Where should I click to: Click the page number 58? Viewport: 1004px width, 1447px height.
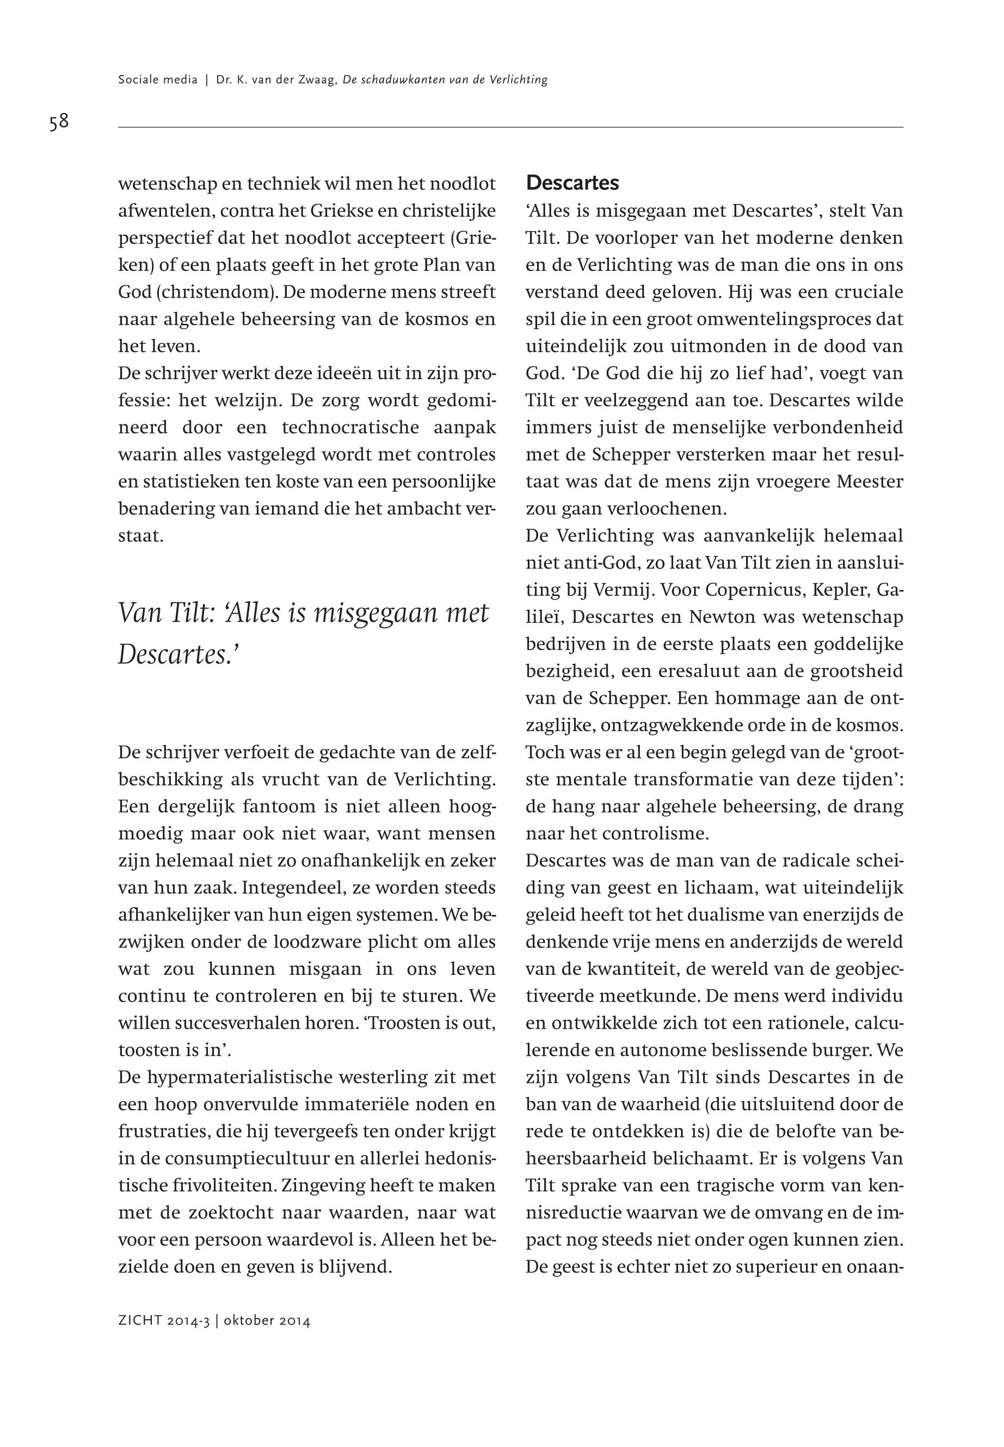point(59,121)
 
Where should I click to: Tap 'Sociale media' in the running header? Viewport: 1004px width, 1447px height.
point(158,80)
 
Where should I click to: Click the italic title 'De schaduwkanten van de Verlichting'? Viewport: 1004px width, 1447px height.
point(445,80)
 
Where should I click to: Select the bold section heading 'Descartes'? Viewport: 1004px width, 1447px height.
point(572,183)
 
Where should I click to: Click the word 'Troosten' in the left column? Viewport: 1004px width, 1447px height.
point(403,1023)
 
